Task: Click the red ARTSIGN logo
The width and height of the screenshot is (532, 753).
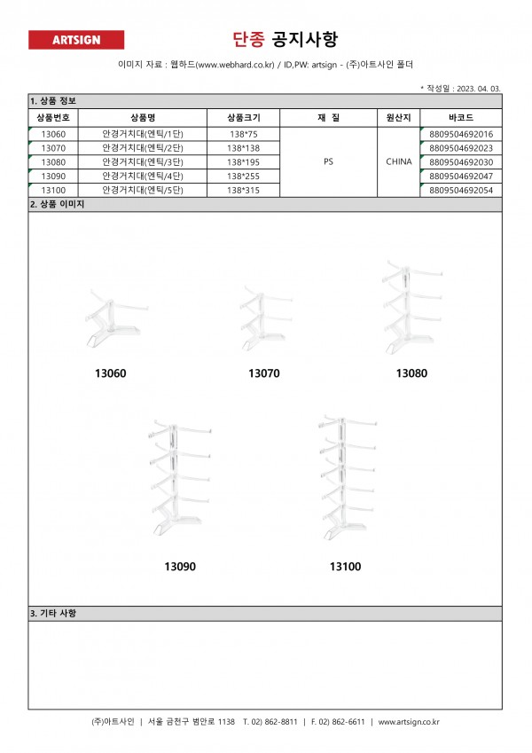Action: (x=76, y=40)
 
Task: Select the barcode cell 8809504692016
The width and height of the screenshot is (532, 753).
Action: (x=460, y=134)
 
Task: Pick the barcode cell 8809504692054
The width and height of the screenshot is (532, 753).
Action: (x=460, y=191)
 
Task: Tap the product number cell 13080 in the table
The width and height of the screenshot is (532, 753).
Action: (x=53, y=162)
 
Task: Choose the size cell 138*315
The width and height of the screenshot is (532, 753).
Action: (x=243, y=191)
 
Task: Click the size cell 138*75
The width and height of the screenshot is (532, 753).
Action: (x=243, y=134)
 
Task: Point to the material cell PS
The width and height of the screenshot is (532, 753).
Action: (x=329, y=162)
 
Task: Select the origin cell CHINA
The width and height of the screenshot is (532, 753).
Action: (x=398, y=162)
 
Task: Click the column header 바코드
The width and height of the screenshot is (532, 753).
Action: (x=460, y=117)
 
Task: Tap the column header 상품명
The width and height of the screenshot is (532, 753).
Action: (x=143, y=117)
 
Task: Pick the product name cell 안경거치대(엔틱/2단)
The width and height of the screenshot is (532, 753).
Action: (x=143, y=148)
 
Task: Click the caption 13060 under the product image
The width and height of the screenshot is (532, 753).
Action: (x=111, y=373)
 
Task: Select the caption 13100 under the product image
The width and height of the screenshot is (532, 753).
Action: (x=345, y=566)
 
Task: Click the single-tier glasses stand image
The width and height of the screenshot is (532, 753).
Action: (x=112, y=316)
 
